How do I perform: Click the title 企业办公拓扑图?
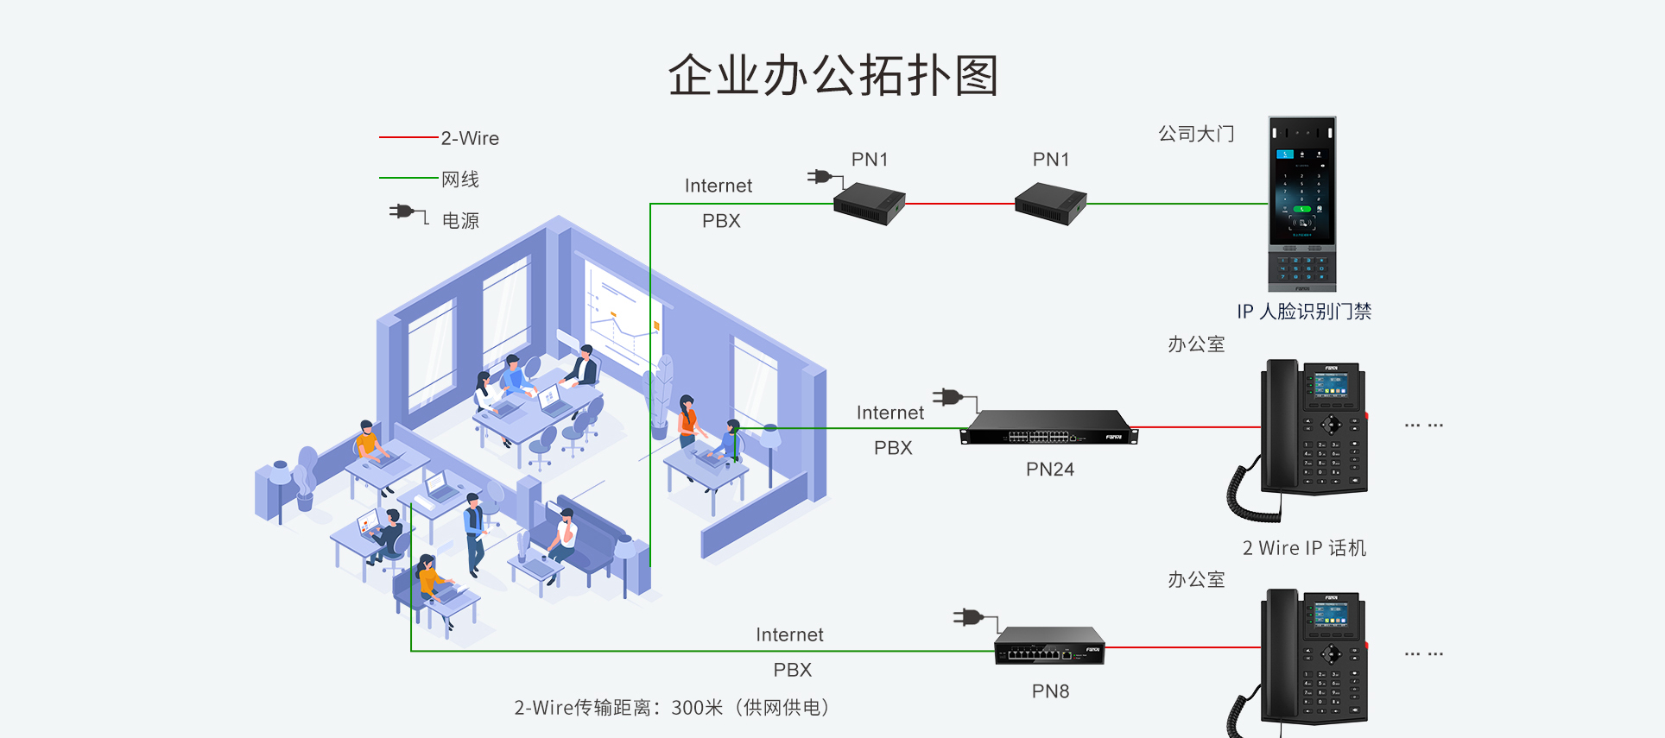833,75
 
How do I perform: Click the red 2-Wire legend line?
408,137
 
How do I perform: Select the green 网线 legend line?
408,178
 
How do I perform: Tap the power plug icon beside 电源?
404,211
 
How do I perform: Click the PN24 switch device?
1048,428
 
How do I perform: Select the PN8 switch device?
1049,647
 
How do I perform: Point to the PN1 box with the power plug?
868,204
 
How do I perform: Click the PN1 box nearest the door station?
1050,204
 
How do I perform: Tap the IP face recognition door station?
1301,204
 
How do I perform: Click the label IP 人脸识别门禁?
1304,312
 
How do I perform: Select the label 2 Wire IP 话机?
1304,548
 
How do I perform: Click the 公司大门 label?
1196,134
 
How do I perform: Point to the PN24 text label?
1050,470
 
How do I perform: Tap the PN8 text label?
1050,691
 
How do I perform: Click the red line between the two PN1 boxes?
959,205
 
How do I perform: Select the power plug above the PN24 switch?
949,397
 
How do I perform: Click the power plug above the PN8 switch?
969,617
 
